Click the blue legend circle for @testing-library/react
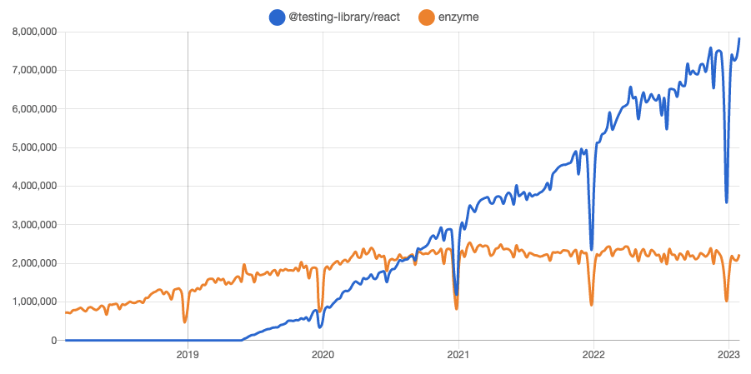click(277, 17)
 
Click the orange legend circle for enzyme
click(427, 17)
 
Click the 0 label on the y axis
click(53, 341)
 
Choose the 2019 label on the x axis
click(188, 353)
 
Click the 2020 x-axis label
click(323, 353)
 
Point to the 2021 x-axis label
click(458, 353)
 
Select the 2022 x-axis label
click(593, 353)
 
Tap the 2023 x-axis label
click(728, 353)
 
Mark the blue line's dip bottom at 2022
click(592, 250)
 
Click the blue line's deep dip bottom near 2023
click(727, 202)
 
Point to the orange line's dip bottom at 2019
click(185, 322)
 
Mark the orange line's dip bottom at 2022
click(592, 305)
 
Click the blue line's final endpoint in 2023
click(739, 39)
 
